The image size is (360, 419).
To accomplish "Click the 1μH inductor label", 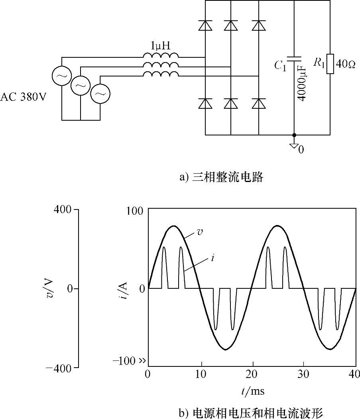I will coord(160,46).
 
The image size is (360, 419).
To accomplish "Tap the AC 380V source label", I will coord(23,97).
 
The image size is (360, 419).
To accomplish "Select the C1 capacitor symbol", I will coord(294,59).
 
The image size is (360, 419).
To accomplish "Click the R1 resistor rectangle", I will coord(330,64).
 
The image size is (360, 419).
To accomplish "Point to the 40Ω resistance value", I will coord(346,64).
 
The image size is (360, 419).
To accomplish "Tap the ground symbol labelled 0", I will coord(295,145).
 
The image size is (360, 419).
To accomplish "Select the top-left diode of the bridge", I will coord(205,25).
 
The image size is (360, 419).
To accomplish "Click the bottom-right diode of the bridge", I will coord(259,104).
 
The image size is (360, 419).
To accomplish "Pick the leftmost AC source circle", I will coord(62,76).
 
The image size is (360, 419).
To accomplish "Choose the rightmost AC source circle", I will coord(100,94).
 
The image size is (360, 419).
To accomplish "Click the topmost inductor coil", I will coord(160,56).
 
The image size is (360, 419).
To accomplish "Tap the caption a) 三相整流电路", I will coord(221,177).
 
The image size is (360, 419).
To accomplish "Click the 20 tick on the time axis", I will coord(252,374).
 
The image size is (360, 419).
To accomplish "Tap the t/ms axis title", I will coord(252,391).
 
